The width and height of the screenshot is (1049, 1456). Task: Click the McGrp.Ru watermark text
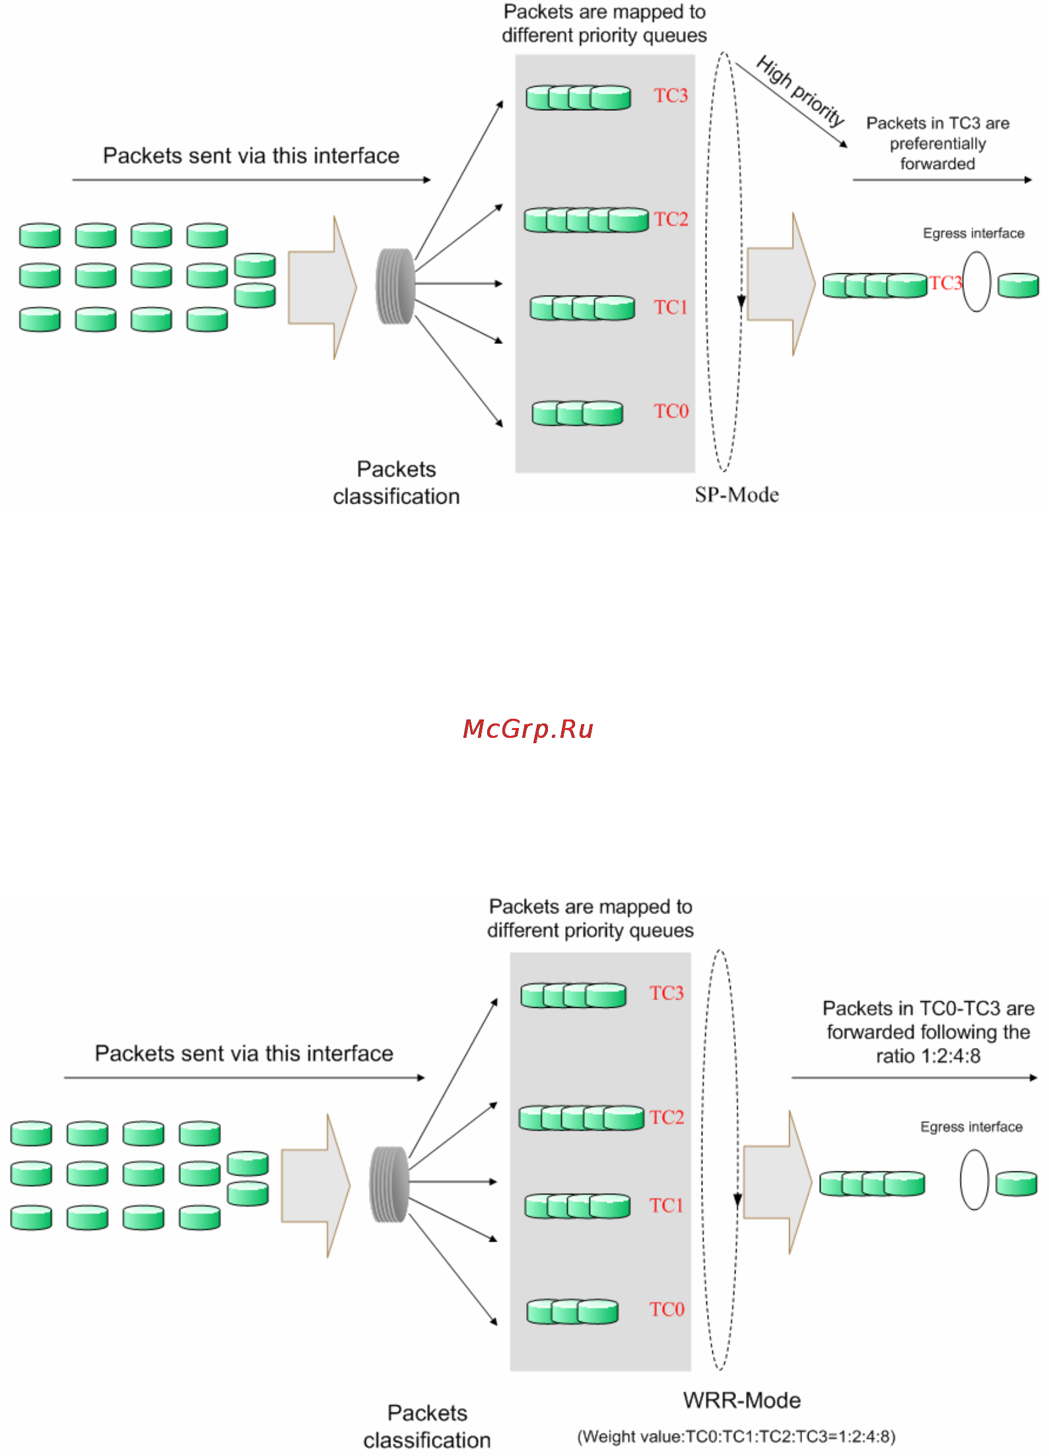528,729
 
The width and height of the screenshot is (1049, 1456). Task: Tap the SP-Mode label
737,495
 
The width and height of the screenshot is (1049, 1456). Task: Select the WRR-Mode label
742,1400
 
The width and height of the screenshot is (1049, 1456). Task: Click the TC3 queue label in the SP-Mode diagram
671,96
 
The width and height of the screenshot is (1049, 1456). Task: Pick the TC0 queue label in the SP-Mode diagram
671,411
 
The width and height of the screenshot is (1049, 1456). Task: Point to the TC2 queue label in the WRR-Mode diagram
667,1117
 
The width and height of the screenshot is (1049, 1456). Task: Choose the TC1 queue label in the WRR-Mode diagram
666,1206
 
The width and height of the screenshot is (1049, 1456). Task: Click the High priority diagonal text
800,91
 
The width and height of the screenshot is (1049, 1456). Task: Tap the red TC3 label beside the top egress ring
945,283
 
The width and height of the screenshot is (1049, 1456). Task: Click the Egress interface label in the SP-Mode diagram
974,233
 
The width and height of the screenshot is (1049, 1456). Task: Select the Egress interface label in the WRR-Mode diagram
971,1127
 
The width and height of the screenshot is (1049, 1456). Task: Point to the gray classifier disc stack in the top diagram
395,286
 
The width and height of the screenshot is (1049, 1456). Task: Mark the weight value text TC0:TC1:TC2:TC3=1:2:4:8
736,1437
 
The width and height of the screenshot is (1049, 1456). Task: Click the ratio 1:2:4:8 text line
928,1056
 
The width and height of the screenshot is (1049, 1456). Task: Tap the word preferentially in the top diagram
937,144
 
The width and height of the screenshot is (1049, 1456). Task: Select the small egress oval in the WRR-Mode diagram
974,1179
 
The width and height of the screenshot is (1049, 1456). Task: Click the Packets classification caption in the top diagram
396,482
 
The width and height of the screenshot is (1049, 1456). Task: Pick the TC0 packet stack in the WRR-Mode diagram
572,1311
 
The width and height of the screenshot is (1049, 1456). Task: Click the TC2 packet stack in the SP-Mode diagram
586,220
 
